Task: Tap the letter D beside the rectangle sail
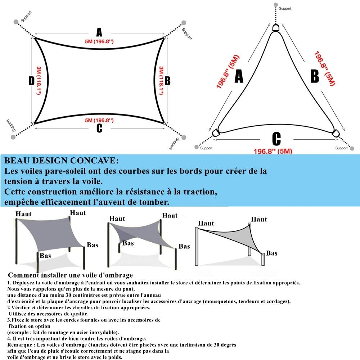[32, 81]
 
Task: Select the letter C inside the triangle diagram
[276, 139]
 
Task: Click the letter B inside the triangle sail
[314, 77]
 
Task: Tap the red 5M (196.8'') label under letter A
[99, 41]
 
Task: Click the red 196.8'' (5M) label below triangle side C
[273, 151]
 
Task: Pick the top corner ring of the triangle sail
[276, 28]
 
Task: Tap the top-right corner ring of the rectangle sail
[165, 37]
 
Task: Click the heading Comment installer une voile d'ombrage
[71, 275]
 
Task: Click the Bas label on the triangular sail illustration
[272, 253]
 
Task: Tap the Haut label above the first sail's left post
[23, 214]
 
